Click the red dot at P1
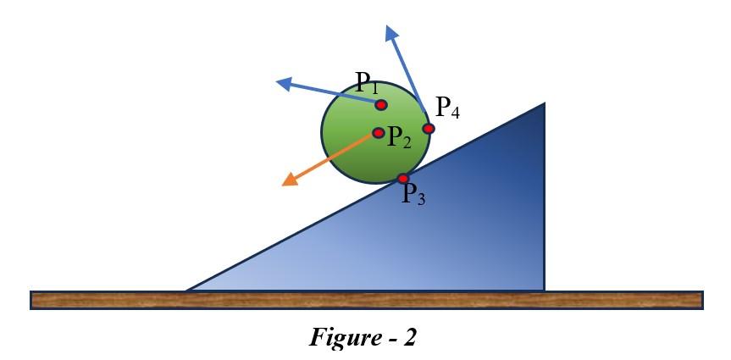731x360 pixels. click(x=381, y=104)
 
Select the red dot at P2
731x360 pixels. click(x=379, y=133)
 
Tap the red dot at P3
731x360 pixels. click(x=403, y=178)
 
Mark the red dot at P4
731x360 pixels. click(x=429, y=129)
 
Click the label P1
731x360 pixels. click(x=368, y=83)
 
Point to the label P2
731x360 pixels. click(x=399, y=138)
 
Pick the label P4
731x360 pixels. click(x=447, y=108)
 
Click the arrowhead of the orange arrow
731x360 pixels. click(x=289, y=180)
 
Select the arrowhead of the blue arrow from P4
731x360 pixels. click(x=391, y=32)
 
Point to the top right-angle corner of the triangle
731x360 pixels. click(x=544, y=103)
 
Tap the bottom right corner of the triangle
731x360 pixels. click(x=544, y=290)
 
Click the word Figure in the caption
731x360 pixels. click(x=346, y=338)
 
